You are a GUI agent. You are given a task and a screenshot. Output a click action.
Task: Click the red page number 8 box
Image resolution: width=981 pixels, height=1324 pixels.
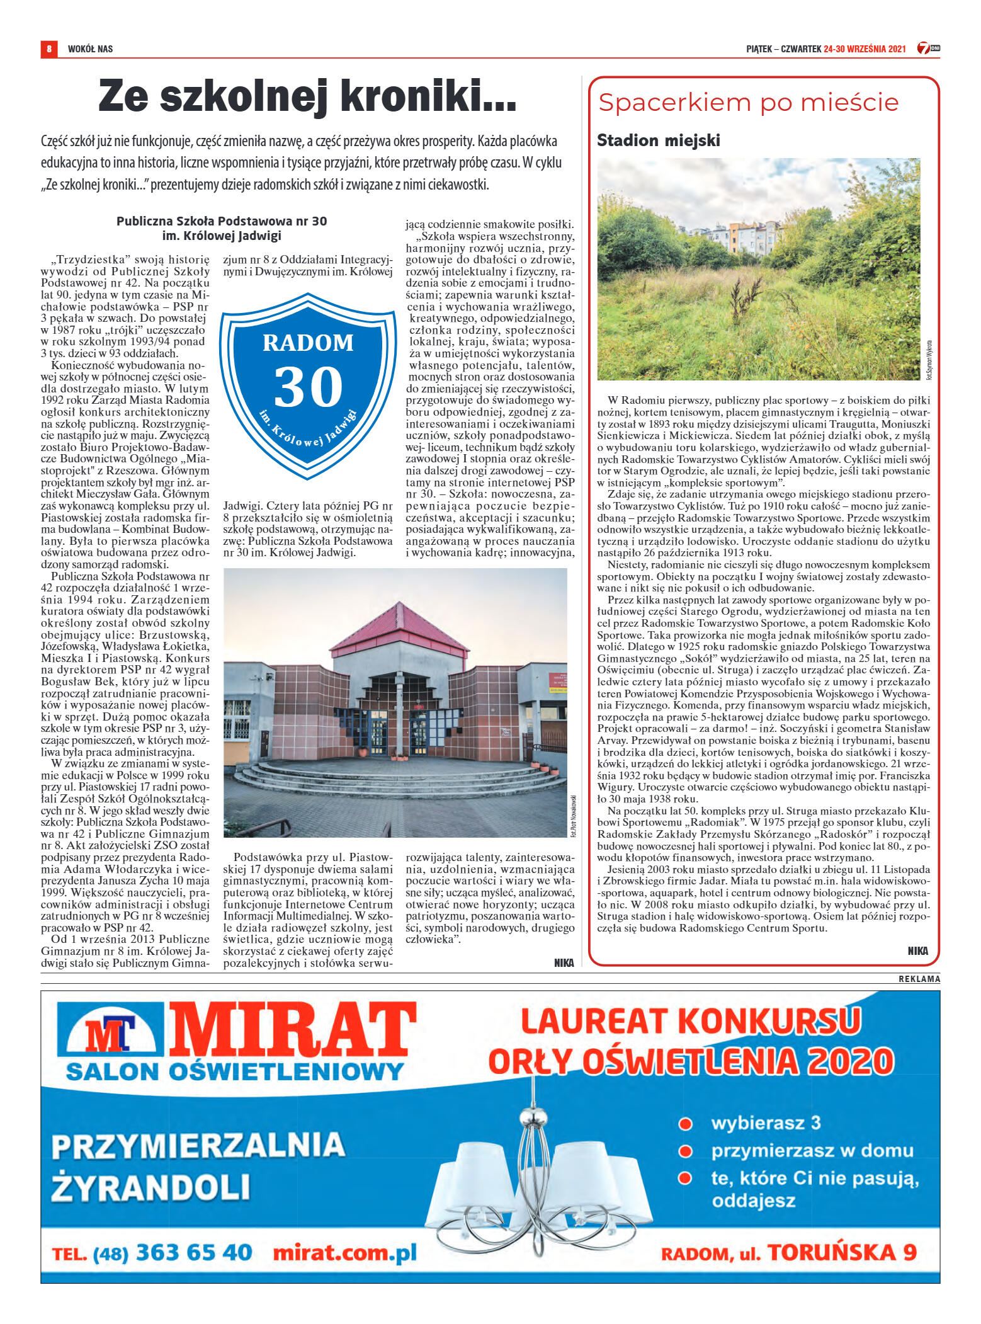click(x=48, y=49)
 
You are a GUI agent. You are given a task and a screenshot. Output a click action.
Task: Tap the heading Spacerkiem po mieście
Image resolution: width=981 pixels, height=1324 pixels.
click(x=748, y=103)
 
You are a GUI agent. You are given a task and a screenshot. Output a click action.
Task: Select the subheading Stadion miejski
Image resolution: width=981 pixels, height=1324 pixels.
click(x=658, y=140)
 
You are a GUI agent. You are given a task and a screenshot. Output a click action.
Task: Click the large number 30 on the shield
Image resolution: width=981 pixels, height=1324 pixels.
click(x=308, y=387)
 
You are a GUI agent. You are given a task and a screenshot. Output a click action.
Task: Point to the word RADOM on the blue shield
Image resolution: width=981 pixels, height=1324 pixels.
click(x=308, y=343)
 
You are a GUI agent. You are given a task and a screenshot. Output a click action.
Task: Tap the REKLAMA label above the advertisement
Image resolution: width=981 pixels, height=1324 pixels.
click(x=919, y=979)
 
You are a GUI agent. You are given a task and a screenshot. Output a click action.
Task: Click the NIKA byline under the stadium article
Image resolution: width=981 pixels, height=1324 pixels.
click(x=917, y=950)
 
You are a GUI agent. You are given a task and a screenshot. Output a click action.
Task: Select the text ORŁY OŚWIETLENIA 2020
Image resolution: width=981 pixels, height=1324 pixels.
click(x=691, y=1062)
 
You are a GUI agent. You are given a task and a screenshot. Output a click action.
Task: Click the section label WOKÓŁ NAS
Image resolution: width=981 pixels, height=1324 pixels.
click(x=90, y=49)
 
